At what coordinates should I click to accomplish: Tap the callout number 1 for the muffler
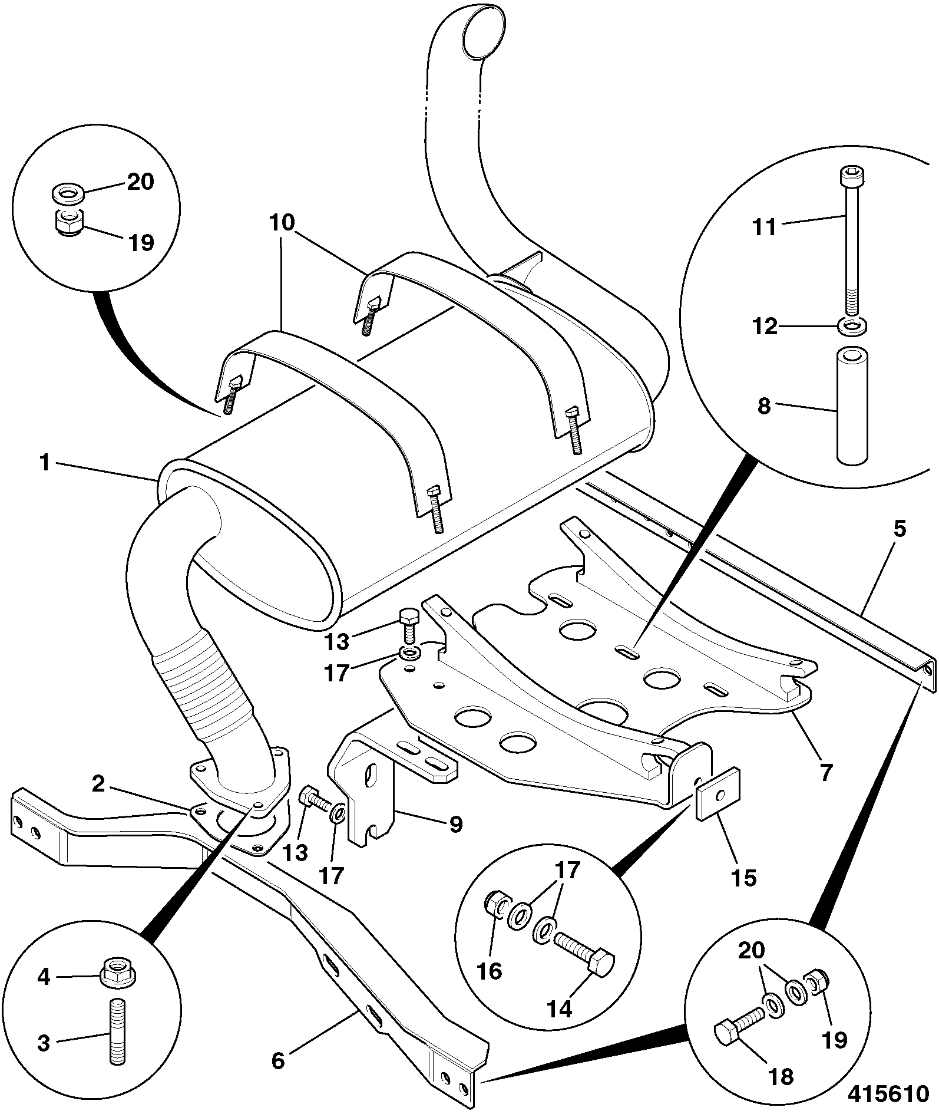(45, 463)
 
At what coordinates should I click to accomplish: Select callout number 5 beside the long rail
(900, 529)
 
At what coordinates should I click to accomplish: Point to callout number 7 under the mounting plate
(826, 772)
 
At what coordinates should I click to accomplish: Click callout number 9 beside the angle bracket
(455, 823)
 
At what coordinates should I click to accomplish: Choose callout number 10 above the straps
(282, 223)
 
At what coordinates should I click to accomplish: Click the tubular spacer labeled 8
(852, 406)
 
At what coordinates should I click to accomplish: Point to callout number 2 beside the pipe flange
(98, 783)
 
